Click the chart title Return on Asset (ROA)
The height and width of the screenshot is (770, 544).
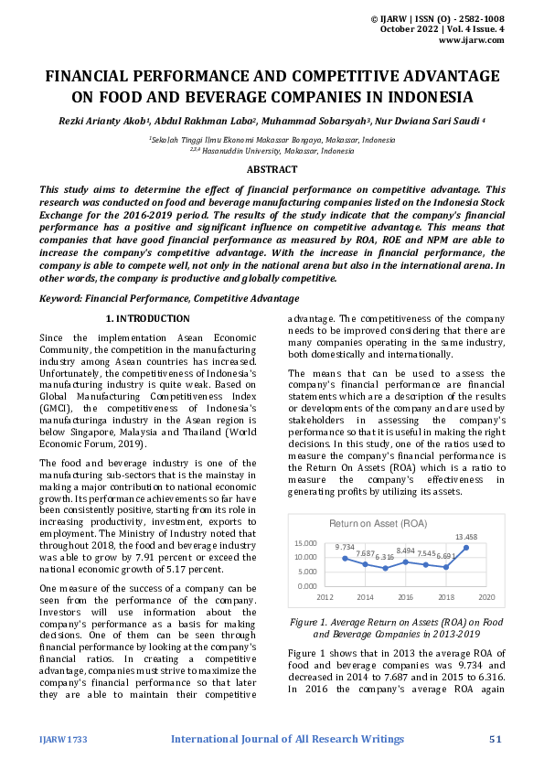pos(378,523)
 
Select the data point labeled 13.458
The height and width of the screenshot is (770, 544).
pos(466,547)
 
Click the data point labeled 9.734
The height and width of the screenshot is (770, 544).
pos(345,558)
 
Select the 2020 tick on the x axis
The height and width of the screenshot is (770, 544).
pos(486,596)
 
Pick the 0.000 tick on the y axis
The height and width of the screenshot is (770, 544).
pos(307,585)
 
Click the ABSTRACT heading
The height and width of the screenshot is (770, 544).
pos(272,169)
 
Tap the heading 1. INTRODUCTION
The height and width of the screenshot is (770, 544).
pos(147,318)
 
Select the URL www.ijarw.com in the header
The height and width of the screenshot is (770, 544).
pos(471,40)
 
